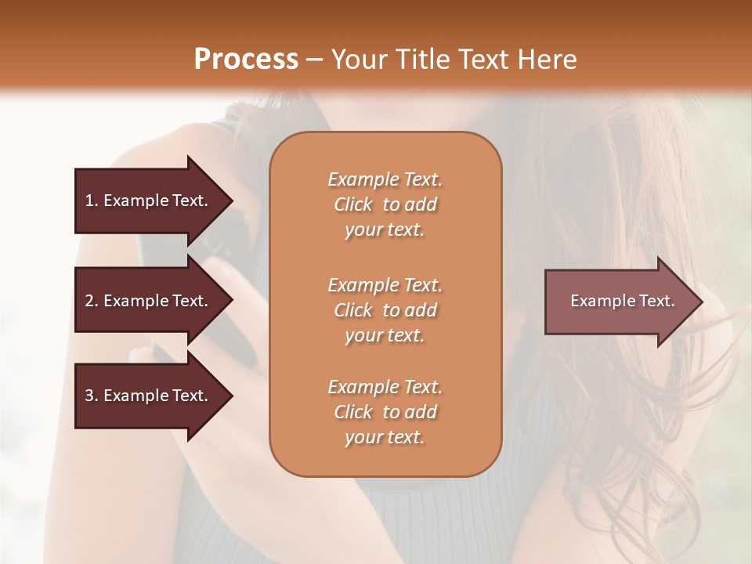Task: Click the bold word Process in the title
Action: click(x=246, y=60)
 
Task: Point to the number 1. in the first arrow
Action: click(x=92, y=201)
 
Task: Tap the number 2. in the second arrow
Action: click(x=92, y=301)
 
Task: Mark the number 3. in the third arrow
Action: click(x=92, y=396)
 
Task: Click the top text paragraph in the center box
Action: click(x=385, y=204)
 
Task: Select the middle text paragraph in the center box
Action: click(x=385, y=310)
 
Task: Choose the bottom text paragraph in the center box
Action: click(x=385, y=412)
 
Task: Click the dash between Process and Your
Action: click(x=315, y=60)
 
